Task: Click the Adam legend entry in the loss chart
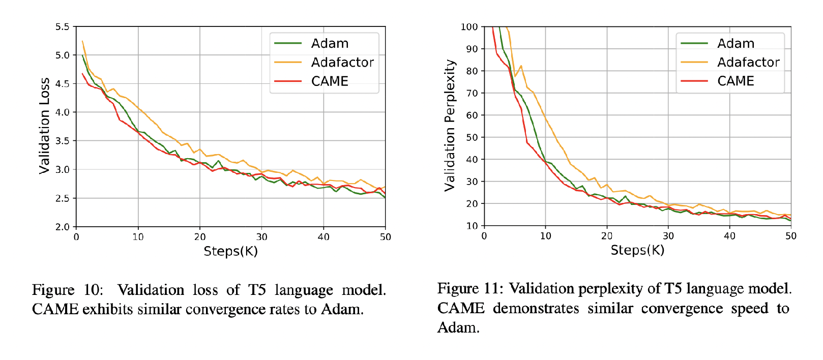(x=330, y=44)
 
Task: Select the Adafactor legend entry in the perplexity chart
(x=748, y=63)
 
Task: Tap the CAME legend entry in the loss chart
(x=330, y=81)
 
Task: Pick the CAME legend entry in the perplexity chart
(x=736, y=81)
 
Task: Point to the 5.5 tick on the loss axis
(x=63, y=27)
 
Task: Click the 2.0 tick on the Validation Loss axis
(x=63, y=227)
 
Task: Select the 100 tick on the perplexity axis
(x=469, y=27)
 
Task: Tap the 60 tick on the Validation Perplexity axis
(x=472, y=115)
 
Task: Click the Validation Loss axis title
(x=45, y=126)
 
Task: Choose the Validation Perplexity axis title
(x=450, y=126)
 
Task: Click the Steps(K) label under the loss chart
(x=230, y=251)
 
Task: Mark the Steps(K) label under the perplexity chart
(x=637, y=250)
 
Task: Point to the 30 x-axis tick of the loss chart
(x=261, y=237)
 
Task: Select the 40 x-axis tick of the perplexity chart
(x=729, y=236)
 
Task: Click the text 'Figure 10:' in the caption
(x=67, y=290)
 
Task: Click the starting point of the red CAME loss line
(x=82, y=74)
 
